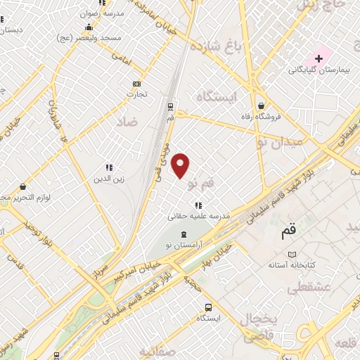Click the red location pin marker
point(181,165)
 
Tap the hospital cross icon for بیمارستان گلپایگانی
point(319,58)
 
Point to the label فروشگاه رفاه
point(261,116)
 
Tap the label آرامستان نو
point(184,245)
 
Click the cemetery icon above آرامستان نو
point(184,234)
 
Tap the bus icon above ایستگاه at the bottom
point(208,307)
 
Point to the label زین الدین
point(110,179)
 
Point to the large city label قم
point(289,231)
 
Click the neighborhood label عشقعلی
point(304,288)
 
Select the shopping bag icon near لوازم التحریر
point(23,187)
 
